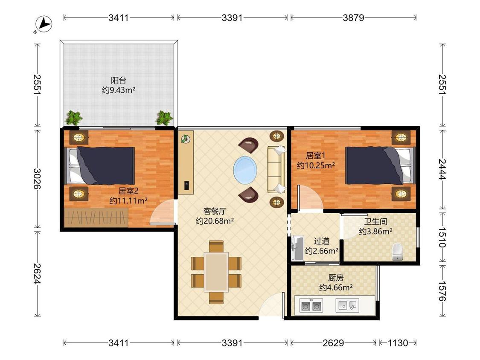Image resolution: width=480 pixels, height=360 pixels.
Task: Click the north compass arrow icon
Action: coord(44,24)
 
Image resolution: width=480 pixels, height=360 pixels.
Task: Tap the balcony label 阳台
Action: coord(119,81)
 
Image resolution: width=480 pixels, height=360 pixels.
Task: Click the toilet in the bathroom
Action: coord(397,252)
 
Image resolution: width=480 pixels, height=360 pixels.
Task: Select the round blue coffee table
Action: coord(245,170)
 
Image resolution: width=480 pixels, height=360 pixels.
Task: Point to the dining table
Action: coord(216,272)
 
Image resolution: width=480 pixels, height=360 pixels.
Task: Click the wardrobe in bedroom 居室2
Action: coord(96,218)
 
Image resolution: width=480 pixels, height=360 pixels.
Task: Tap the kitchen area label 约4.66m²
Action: coord(336,287)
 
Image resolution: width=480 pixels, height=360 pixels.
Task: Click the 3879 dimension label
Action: coord(353,18)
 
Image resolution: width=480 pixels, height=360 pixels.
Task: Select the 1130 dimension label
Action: coord(398,343)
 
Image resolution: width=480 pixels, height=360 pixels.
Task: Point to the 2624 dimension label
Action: coord(38,273)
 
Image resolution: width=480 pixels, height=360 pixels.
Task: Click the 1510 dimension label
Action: coord(442,237)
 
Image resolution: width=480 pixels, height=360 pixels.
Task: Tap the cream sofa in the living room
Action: coord(276,169)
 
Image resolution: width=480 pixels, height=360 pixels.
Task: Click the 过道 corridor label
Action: coord(321,241)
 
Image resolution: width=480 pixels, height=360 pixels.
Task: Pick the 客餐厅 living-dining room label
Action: coord(215,211)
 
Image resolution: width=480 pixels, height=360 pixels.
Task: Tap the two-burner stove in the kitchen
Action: coord(311,305)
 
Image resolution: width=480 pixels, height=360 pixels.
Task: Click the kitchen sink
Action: coord(347,305)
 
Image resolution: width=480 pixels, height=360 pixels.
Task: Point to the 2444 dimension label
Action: coord(442,169)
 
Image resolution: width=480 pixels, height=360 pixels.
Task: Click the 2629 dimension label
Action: coord(333,343)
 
